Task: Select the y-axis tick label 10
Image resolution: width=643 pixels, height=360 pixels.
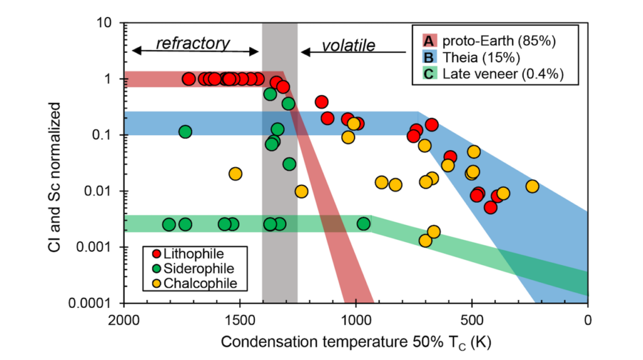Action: pos(112,23)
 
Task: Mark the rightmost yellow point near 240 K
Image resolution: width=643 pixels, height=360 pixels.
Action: pos(532,186)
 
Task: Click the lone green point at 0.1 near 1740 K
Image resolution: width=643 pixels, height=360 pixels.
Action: pos(185,132)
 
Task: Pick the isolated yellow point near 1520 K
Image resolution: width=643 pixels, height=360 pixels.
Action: pos(235,173)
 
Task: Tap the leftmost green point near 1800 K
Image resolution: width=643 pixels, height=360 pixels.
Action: pos(169,224)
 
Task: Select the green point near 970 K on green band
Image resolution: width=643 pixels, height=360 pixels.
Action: pos(364,224)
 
